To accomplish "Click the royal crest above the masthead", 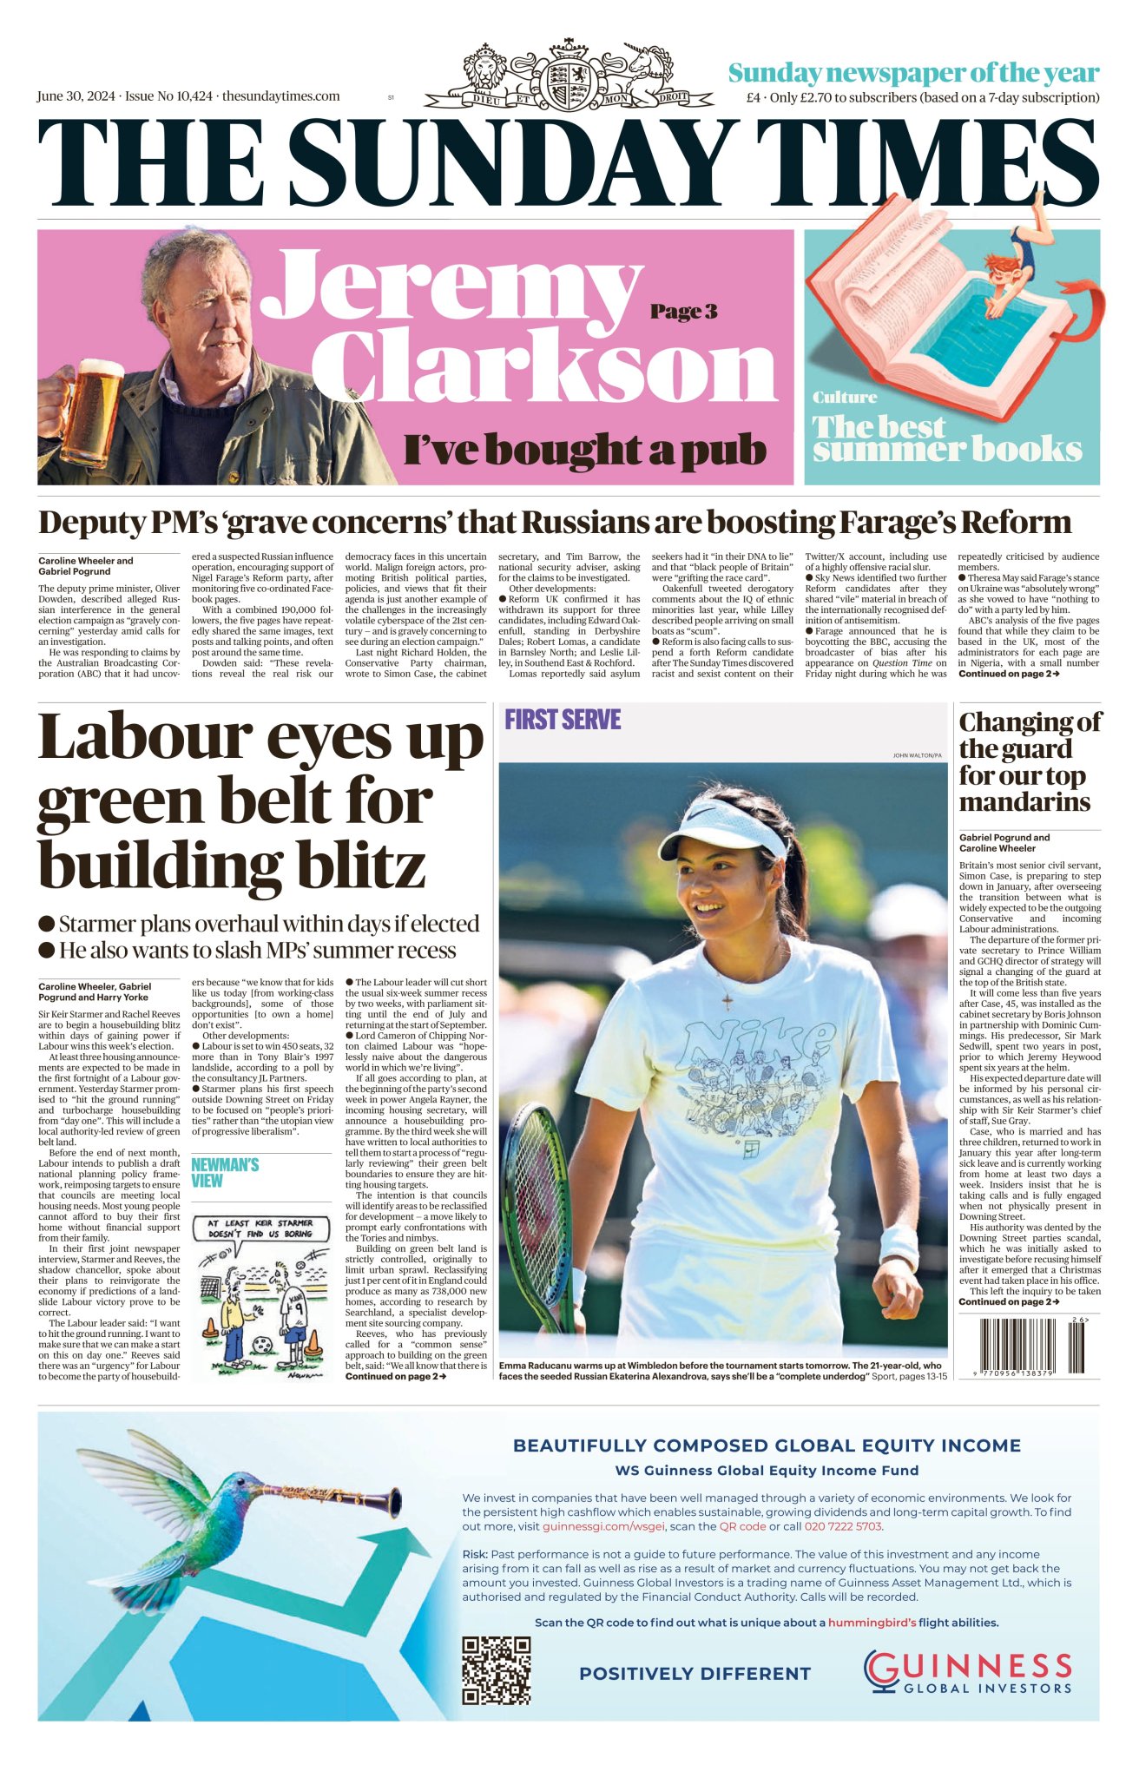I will pyautogui.click(x=569, y=76).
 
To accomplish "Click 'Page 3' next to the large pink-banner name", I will pyautogui.click(x=683, y=312).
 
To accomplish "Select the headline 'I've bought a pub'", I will pyautogui.click(x=584, y=451).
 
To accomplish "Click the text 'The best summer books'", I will pyautogui.click(x=946, y=438).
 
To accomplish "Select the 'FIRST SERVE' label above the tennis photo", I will pyautogui.click(x=563, y=720).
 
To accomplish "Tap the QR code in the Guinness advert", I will pyautogui.click(x=496, y=1669).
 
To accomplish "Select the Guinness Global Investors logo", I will pyautogui.click(x=967, y=1672).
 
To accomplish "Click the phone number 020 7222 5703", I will pyautogui.click(x=843, y=1525).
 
